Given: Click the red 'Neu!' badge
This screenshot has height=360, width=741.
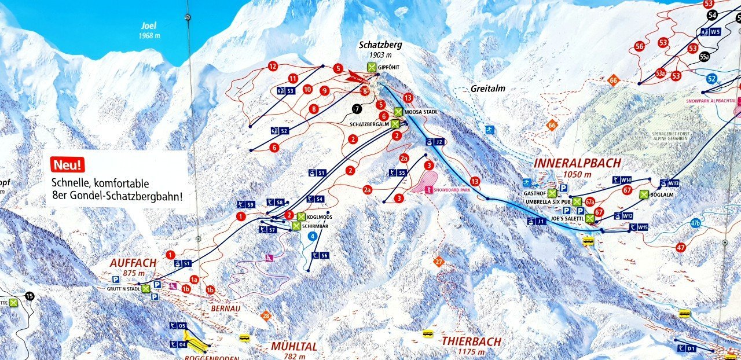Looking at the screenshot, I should [x=68, y=165].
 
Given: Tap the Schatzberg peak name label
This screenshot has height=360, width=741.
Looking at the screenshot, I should [x=380, y=45].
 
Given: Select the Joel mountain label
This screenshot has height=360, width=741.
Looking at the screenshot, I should [x=149, y=25].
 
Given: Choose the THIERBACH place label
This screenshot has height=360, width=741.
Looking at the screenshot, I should [x=471, y=341].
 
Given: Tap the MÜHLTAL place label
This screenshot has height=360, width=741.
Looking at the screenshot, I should [x=294, y=347].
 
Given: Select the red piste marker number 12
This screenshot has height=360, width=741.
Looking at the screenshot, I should [x=273, y=67].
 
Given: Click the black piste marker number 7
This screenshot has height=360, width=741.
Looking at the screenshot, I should [x=357, y=108].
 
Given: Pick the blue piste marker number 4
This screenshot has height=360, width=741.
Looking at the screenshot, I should [x=313, y=236].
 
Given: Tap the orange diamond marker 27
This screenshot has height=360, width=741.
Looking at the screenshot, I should [x=438, y=262].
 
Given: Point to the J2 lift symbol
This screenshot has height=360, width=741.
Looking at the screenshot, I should [x=435, y=142].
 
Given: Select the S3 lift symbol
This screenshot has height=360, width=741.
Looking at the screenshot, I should [x=287, y=90].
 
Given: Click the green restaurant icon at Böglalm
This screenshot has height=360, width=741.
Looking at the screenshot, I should [x=644, y=194].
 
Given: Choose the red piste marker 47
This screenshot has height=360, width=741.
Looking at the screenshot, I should [x=681, y=248].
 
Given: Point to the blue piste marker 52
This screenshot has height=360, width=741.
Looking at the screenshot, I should [x=711, y=79].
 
